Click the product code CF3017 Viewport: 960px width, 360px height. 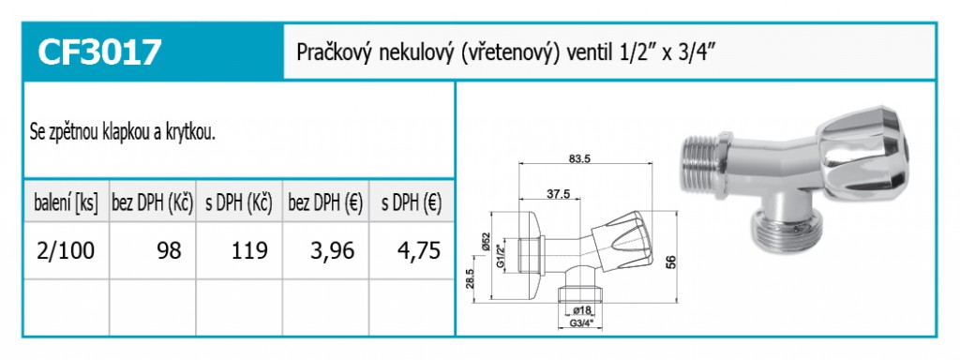(99, 52)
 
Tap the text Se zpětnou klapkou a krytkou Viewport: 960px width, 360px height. (123, 133)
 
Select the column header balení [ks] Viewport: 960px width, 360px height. (67, 202)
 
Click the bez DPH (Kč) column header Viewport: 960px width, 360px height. (153, 202)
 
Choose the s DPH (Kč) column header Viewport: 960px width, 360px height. (239, 202)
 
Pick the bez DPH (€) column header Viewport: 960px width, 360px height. (325, 202)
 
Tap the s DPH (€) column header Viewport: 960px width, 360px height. (412, 202)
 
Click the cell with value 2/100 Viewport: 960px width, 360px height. (67, 250)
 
